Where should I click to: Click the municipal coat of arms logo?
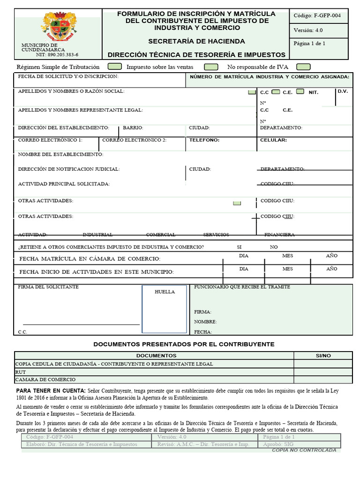58,27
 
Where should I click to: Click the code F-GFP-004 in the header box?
317,15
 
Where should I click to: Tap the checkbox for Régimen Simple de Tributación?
115,67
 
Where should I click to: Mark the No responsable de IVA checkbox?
303,67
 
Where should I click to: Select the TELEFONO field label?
204,140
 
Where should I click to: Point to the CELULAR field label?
273,140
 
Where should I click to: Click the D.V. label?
343,91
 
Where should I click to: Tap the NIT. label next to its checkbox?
313,92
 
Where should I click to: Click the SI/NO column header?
323,356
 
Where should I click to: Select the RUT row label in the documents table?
21,372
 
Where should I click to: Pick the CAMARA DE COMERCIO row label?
45,380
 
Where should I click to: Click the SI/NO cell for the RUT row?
323,372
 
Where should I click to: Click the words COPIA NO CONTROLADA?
304,450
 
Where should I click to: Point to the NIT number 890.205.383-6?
57,54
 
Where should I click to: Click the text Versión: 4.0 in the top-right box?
308,30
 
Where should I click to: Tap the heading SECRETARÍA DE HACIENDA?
196,41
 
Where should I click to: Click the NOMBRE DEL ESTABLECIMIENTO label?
60,154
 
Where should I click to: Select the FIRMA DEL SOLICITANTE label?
48,287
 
